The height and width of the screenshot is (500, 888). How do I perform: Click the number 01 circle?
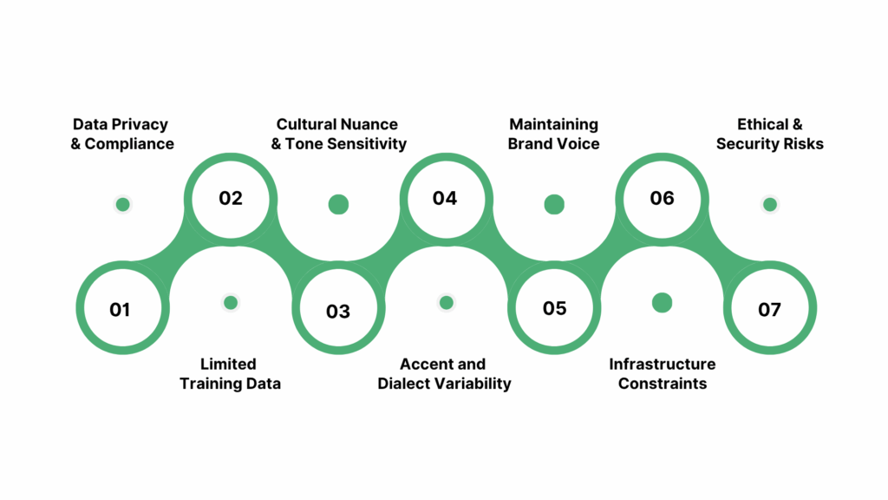tap(120, 309)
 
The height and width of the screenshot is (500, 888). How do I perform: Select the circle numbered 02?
tap(231, 198)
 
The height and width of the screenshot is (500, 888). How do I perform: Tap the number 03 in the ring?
tap(338, 311)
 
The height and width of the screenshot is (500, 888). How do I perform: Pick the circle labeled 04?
tap(445, 198)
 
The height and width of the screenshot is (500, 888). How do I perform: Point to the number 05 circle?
tap(554, 309)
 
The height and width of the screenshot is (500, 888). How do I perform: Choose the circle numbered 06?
tap(662, 198)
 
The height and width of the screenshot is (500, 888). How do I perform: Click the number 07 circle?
tap(769, 309)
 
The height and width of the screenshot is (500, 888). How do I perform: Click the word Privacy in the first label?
tap(139, 124)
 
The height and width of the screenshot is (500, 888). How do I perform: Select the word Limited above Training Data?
tap(228, 364)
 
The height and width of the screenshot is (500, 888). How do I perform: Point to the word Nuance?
tap(369, 124)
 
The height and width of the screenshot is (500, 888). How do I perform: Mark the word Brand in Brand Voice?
tap(532, 143)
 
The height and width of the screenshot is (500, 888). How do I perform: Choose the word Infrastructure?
tap(662, 364)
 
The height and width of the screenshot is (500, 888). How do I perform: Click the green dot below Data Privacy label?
tap(122, 205)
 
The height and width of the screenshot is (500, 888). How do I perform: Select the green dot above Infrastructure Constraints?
tap(662, 302)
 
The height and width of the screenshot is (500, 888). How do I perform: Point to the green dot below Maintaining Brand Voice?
tap(554, 205)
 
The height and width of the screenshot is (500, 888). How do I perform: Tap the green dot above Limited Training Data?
tap(230, 302)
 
